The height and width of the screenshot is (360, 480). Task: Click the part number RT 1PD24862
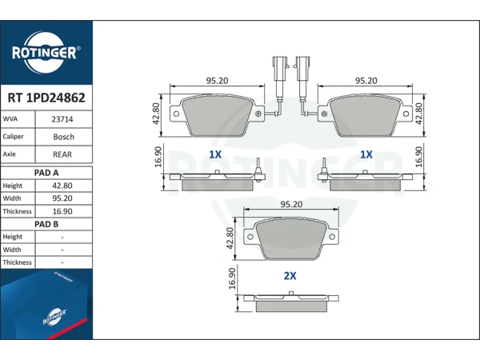46,98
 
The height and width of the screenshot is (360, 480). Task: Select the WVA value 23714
62,119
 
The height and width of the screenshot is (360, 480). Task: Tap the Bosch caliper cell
64,137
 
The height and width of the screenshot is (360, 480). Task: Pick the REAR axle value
62,154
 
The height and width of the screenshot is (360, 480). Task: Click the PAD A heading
46,173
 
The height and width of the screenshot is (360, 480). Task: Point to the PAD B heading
46,224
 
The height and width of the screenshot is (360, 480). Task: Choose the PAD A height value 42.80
62,186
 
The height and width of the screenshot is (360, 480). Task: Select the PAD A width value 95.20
62,198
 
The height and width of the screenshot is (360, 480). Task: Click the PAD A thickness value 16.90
62,211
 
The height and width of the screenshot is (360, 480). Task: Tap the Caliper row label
13,137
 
